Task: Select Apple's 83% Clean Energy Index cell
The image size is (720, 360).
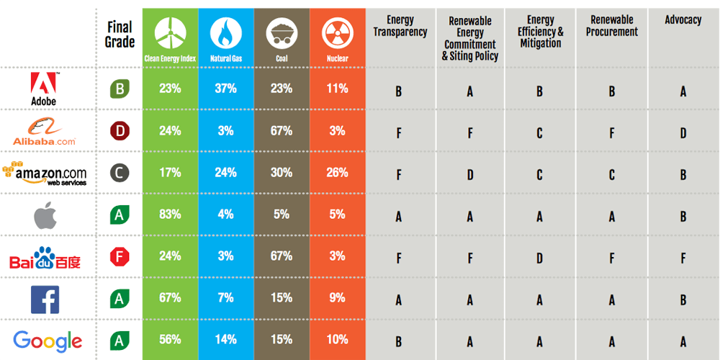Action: (170, 214)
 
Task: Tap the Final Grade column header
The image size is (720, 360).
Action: (120, 34)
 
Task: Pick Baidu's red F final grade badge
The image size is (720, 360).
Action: (120, 256)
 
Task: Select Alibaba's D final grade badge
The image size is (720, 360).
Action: (120, 131)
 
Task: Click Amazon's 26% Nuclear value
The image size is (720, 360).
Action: (337, 173)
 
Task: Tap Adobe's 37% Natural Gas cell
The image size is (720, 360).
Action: (225, 89)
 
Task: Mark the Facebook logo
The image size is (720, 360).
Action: (44, 298)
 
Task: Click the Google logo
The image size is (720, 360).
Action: (48, 340)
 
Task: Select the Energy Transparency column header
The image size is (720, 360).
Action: (400, 26)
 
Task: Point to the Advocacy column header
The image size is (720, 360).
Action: (683, 20)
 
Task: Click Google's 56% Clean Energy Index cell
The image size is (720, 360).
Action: (170, 340)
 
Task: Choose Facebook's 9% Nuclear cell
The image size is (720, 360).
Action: (337, 298)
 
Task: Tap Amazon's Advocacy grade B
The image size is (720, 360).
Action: (683, 175)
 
